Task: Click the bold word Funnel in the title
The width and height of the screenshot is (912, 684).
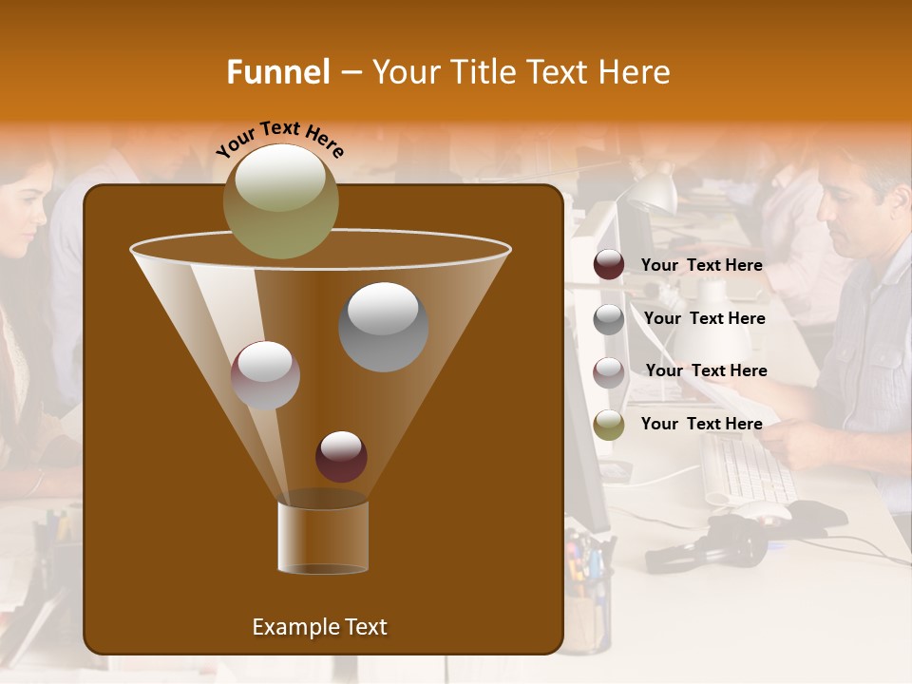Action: click(x=277, y=72)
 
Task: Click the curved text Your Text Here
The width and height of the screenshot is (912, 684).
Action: click(x=280, y=138)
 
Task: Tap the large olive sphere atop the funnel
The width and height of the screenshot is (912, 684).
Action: click(x=280, y=200)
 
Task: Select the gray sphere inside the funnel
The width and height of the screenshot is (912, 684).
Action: click(x=383, y=327)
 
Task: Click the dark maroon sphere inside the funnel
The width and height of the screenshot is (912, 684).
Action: click(x=341, y=457)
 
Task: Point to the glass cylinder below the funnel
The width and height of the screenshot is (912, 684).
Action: click(x=323, y=538)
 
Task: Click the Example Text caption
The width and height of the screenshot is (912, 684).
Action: click(x=319, y=627)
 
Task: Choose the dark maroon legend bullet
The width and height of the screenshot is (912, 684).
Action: click(x=609, y=265)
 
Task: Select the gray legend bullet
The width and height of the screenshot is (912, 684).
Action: click(x=609, y=318)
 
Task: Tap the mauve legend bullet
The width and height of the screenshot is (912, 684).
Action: click(x=609, y=371)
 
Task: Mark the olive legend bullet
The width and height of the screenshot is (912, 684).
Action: click(x=609, y=425)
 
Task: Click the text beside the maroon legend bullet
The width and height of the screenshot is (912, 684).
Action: click(x=701, y=265)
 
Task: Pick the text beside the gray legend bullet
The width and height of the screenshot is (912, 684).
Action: click(x=704, y=318)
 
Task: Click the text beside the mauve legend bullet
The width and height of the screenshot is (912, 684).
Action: click(x=706, y=370)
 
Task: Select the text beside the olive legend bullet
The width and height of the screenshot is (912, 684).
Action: click(x=701, y=424)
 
